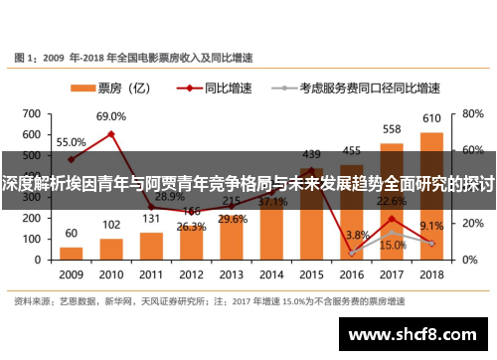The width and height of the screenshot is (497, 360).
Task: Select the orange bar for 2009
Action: [x=71, y=249]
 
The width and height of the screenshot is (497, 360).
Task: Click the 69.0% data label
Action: [x=110, y=117]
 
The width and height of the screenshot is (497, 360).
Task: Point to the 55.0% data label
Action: [x=71, y=142]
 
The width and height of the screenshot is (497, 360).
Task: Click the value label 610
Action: [x=432, y=118]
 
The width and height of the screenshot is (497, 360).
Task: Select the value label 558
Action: [x=392, y=130]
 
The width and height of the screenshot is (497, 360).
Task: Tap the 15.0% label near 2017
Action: [x=392, y=246]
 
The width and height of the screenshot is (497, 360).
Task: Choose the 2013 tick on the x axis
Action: [x=231, y=273]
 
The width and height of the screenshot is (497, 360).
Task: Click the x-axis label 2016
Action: [x=352, y=273]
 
